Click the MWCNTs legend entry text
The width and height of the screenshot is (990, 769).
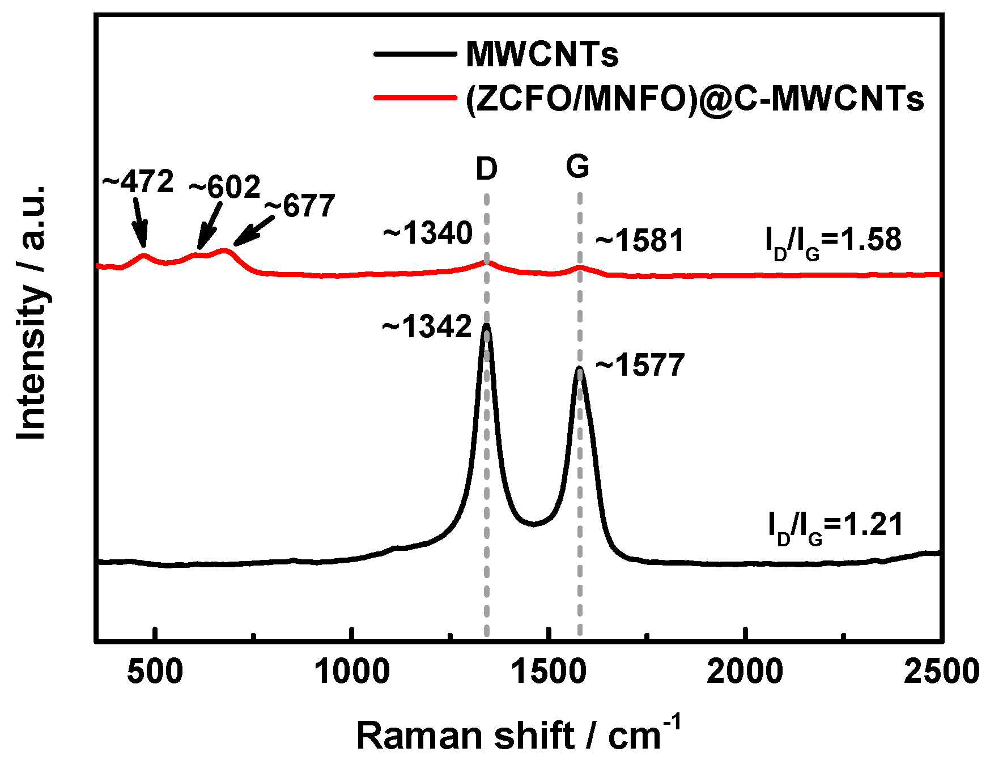tap(542, 54)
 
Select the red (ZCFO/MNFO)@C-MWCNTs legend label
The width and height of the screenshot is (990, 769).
tap(694, 99)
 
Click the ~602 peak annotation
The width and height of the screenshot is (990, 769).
tap(224, 187)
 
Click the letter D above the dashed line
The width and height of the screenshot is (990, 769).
tap(486, 169)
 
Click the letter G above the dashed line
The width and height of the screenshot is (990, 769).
tap(577, 167)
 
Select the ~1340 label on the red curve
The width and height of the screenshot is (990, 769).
tap(428, 233)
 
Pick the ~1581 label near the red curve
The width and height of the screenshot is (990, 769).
tap(640, 240)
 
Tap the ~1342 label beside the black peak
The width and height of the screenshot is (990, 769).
tap(427, 327)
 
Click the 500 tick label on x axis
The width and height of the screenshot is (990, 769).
tap(155, 672)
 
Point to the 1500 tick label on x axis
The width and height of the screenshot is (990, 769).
tap(548, 672)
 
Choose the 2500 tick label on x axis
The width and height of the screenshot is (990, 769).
tap(941, 672)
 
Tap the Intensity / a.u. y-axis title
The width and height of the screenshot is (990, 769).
tap(31, 312)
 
